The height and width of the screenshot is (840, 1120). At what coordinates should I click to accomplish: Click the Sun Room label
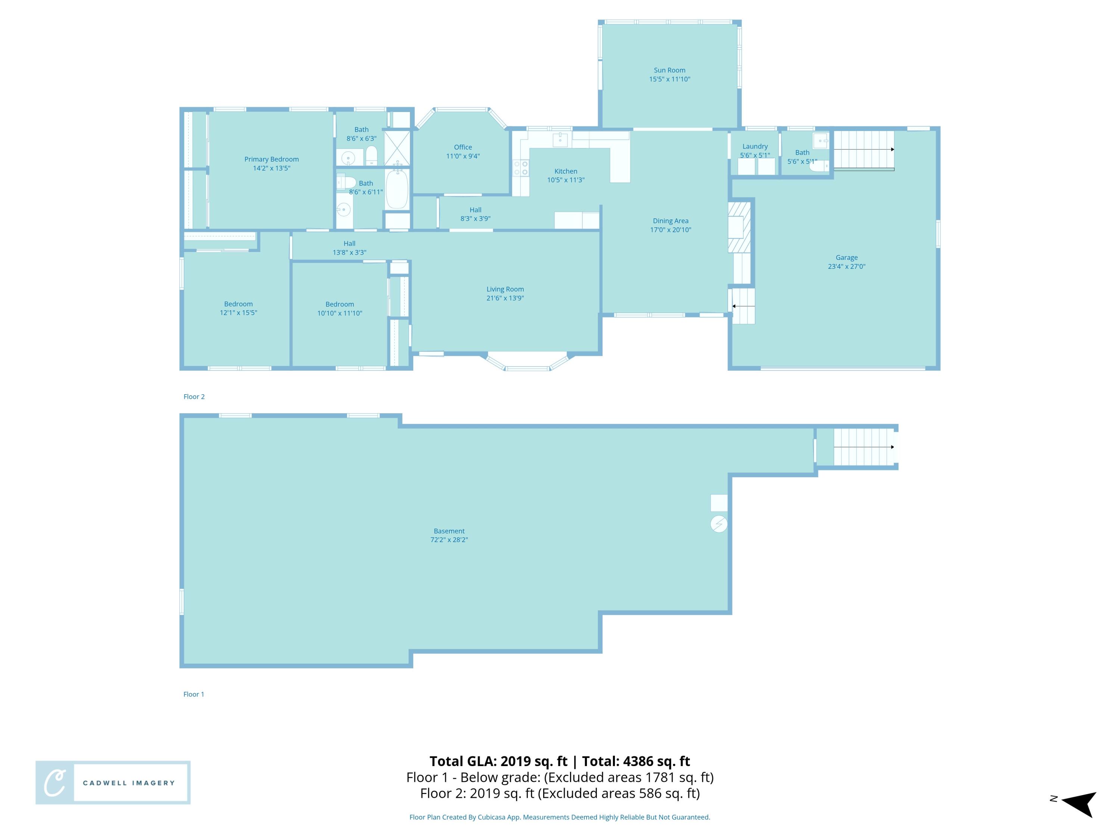pos(669,71)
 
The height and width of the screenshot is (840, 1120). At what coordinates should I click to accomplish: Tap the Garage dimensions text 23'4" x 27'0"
pos(847,266)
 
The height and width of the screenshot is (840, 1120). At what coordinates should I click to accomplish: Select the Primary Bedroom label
pos(271,159)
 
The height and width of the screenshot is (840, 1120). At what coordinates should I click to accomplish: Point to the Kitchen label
pos(566,171)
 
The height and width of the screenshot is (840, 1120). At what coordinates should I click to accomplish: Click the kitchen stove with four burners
pos(521,168)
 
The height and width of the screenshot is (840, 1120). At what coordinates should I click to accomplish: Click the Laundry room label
pos(755,146)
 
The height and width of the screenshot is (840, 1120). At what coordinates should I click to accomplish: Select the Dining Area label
pos(671,221)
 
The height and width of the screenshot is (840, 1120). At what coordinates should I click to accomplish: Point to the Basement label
pos(449,531)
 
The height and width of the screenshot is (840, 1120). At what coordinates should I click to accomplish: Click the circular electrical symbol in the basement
pos(719,524)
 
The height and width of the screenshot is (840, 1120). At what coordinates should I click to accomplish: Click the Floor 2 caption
pos(194,396)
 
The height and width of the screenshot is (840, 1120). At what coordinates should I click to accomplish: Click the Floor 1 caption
pos(193,694)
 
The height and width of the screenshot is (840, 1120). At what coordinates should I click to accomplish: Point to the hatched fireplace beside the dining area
pos(739,227)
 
